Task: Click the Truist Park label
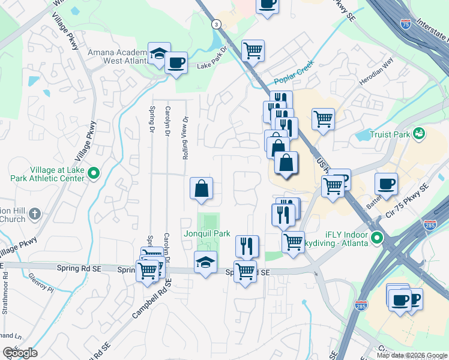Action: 390,134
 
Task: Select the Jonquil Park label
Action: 208,233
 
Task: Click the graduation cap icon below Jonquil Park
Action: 205,262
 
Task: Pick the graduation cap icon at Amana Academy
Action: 159,53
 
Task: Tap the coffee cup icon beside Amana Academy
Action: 176,62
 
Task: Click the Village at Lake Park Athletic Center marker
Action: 93,174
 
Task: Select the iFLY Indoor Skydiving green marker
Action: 376,238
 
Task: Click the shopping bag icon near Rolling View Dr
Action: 202,188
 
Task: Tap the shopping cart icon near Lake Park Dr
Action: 253,50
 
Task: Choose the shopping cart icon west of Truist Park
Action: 323,119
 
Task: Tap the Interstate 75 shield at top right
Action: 406,25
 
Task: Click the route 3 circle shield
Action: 215,23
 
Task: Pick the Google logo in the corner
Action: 20,353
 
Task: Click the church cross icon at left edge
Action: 35,213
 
